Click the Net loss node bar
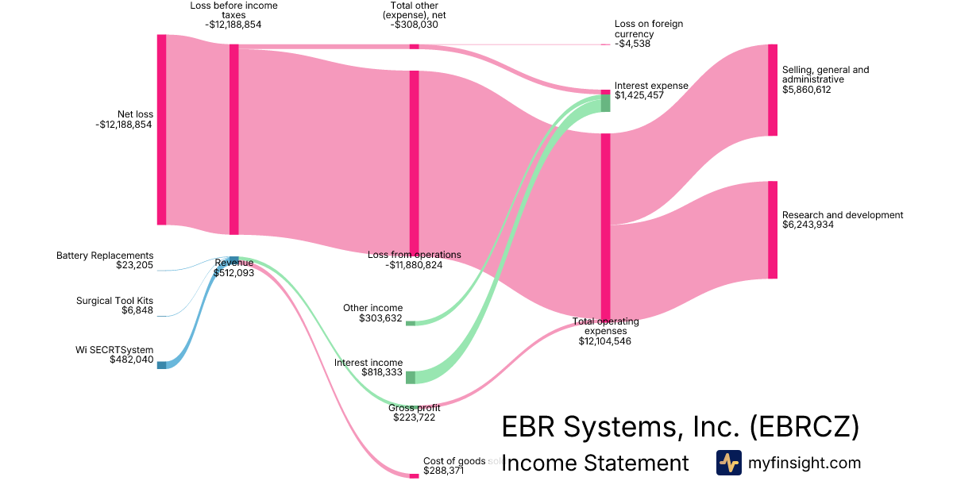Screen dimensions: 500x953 point(162,129)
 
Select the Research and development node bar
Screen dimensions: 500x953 point(773,229)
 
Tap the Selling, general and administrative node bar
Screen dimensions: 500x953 point(773,90)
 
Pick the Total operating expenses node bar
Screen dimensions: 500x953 point(605,226)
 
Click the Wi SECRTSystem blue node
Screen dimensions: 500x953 point(162,365)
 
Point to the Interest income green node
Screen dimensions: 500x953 point(411,377)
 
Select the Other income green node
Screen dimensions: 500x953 point(411,323)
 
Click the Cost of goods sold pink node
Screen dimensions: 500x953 point(414,475)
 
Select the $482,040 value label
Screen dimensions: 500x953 point(132,360)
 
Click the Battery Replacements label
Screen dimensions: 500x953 point(105,256)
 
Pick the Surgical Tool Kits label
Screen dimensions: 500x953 point(114,301)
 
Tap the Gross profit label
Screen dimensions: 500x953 point(414,408)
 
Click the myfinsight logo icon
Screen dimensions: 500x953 point(728,463)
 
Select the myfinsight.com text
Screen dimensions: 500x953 point(804,463)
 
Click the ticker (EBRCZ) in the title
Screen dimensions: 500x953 point(803,427)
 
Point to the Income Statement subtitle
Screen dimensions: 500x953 point(595,463)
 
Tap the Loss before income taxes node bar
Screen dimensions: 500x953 point(233,139)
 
